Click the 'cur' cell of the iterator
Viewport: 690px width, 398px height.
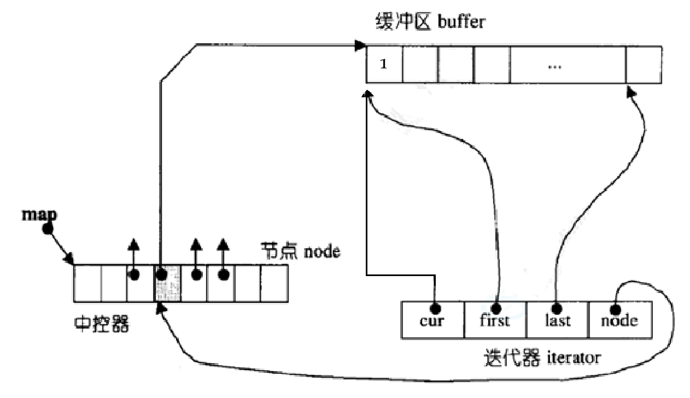coord(432,320)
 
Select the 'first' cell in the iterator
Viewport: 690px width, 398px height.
coord(495,320)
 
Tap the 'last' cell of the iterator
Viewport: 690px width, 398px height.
coord(558,320)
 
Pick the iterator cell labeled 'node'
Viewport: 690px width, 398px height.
coord(620,320)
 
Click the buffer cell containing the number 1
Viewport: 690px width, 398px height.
coord(384,65)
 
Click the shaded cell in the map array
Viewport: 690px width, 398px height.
coord(167,283)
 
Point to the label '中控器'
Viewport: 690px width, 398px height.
coord(102,325)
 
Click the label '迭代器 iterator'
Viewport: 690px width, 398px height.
coord(542,358)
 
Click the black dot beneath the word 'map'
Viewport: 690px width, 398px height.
coord(48,229)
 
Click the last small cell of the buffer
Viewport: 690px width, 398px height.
coord(644,65)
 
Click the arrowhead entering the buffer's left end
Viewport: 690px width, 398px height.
coord(360,44)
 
